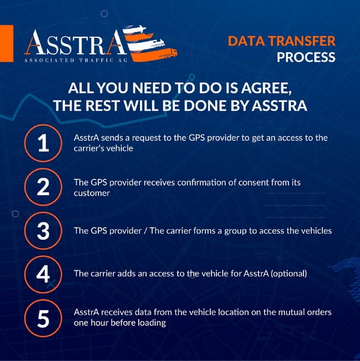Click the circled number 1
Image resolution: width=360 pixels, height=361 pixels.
tap(43, 143)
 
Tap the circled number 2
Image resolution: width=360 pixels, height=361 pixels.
tap(43, 187)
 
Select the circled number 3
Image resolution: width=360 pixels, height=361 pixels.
tap(43, 230)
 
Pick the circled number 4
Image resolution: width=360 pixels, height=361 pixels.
tap(43, 274)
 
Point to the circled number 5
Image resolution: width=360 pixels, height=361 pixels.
tap(43, 318)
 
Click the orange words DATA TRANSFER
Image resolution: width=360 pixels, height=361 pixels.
tap(281, 41)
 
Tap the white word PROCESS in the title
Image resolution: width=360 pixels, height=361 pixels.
tap(306, 57)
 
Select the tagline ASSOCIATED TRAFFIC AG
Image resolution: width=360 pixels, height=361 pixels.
tap(76, 60)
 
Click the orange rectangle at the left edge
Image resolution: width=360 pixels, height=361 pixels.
tap(7, 43)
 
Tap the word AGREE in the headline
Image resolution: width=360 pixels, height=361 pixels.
tap(266, 88)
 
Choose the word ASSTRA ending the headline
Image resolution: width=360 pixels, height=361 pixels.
tap(279, 106)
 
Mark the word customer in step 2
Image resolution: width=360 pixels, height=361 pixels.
tap(91, 193)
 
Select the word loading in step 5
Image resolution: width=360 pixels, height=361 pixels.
tap(152, 322)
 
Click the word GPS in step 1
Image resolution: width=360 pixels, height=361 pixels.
tap(197, 138)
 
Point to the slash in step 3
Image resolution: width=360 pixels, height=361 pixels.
tap(145, 231)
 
